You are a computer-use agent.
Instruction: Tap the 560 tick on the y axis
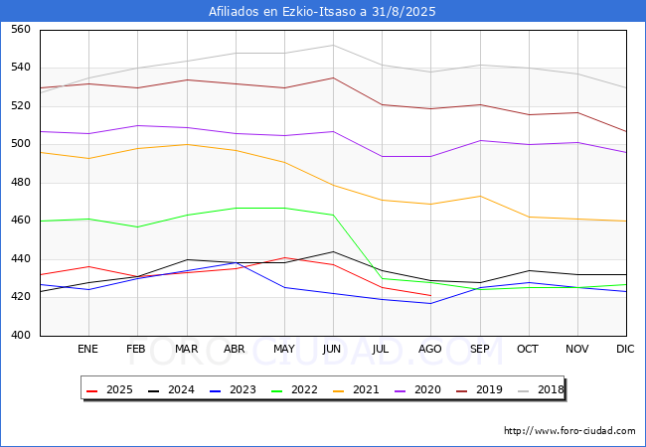(20, 30)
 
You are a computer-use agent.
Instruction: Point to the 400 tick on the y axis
(20, 336)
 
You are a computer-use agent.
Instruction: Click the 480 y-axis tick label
(20, 183)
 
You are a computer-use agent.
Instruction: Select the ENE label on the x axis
(88, 350)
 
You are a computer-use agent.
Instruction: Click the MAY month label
(284, 350)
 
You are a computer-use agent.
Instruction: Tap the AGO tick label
(430, 350)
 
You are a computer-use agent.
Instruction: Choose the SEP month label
(479, 350)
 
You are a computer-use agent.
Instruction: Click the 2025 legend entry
(119, 389)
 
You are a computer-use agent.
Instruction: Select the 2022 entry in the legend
(304, 389)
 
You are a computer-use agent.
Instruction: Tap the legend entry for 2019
(489, 389)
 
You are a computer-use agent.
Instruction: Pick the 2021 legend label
(366, 389)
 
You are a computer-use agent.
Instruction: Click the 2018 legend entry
(550, 389)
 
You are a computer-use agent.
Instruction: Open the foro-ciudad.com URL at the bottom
(569, 431)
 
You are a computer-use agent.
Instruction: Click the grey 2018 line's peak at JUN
(333, 45)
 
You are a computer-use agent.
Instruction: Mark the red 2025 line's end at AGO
(430, 296)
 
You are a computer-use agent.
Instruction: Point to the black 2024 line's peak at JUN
(333, 251)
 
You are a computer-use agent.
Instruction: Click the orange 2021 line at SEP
(479, 196)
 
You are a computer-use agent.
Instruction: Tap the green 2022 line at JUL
(382, 278)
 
